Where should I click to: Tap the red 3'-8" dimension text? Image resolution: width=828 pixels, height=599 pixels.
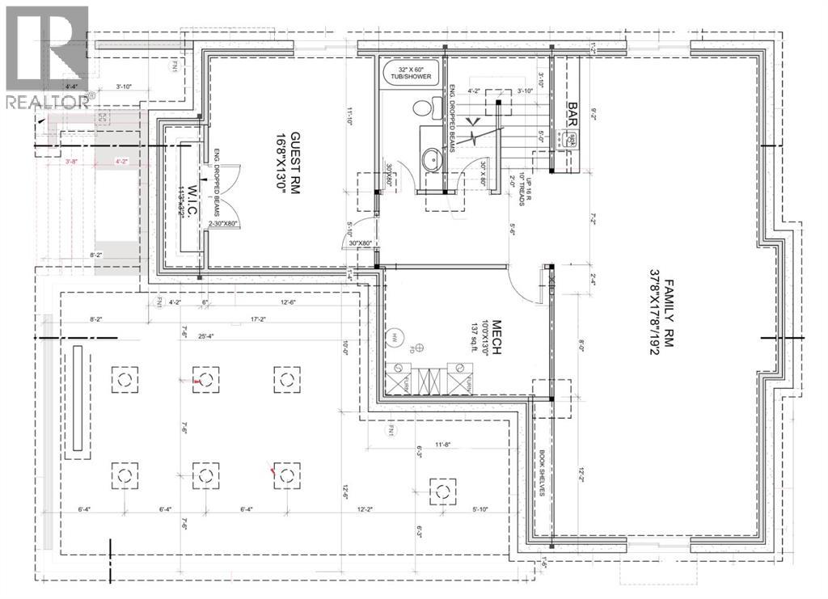click(73, 162)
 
